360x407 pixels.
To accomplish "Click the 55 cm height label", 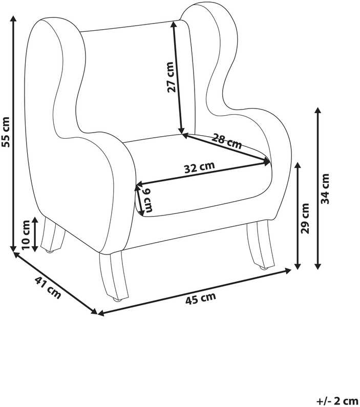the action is click(x=6, y=132).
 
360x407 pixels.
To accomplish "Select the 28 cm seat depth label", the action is click(x=226, y=141).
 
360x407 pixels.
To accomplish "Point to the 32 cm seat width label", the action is click(x=200, y=167).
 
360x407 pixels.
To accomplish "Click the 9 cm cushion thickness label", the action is click(x=148, y=200).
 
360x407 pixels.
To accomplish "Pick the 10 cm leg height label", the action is click(x=26, y=235).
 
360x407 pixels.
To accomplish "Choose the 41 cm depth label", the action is click(x=48, y=287).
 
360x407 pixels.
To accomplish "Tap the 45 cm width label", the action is click(x=200, y=298).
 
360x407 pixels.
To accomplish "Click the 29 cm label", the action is click(x=305, y=219).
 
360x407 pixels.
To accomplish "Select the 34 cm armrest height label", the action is click(x=325, y=189).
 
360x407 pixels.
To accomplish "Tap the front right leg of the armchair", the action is click(x=260, y=244).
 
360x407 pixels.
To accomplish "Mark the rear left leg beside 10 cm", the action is click(x=53, y=235).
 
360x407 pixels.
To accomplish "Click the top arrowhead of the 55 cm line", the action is click(x=13, y=18).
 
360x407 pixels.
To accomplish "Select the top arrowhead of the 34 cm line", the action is click(x=318, y=110).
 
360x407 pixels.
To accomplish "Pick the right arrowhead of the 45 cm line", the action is click(x=288, y=271).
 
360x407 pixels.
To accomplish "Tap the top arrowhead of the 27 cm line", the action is click(x=174, y=25).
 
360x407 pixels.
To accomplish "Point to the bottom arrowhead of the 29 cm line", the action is click(x=298, y=266).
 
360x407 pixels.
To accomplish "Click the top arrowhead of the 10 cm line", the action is click(x=35, y=220).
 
